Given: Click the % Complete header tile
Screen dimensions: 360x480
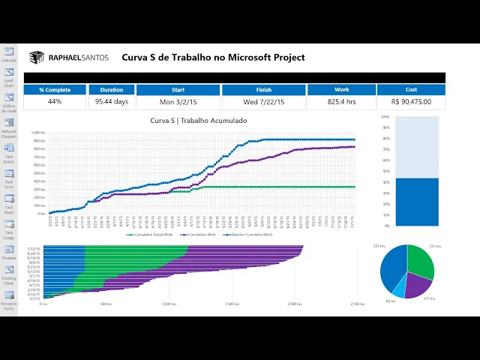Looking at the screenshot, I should click(55, 90).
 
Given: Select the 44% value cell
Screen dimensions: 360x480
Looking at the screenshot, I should click(55, 102).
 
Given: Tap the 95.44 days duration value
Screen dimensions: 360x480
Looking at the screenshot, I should click(111, 102).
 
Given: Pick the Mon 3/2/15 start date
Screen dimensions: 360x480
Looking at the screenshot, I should click(178, 102).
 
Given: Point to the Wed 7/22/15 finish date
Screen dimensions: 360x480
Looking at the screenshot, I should click(262, 102).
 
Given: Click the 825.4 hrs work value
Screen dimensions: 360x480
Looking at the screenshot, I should click(341, 102).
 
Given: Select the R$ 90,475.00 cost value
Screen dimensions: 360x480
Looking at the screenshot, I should click(411, 102).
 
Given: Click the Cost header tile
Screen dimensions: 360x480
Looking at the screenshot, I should click(411, 90).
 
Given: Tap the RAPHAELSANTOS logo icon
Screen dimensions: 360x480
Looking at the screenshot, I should click(36, 57).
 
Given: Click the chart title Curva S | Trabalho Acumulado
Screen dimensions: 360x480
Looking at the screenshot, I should click(198, 121).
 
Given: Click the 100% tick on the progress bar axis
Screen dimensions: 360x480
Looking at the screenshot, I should click(385, 117).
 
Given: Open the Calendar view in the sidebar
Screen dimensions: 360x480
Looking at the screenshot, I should click(9, 54).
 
